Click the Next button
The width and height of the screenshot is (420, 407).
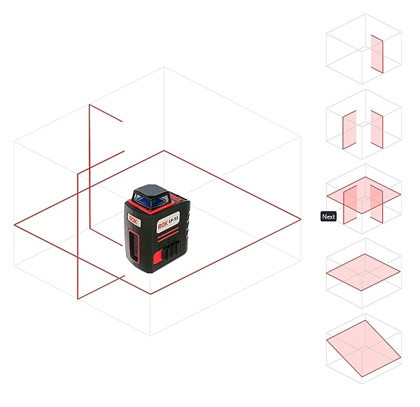[x=328, y=216]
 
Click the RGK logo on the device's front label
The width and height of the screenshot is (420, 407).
[x=163, y=226]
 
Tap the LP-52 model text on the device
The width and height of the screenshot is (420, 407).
[x=174, y=220]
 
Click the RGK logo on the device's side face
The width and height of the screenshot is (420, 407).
[x=133, y=221]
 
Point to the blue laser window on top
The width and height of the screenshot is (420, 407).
[x=150, y=201]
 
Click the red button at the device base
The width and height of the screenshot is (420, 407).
[x=158, y=256]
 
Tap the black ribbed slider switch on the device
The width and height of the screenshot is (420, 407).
[x=172, y=250]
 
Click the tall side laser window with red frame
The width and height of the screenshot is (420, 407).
[x=134, y=246]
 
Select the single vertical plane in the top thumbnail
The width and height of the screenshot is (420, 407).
[x=377, y=54]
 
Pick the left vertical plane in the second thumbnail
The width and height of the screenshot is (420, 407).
[x=349, y=130]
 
